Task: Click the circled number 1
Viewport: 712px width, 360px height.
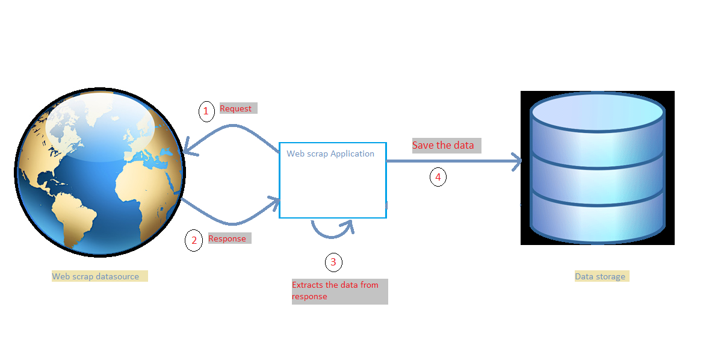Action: coord(206,111)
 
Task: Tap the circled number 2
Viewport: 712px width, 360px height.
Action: coord(194,240)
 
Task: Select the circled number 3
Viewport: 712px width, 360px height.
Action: coord(333,262)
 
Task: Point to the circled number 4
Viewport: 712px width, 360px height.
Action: coord(438,177)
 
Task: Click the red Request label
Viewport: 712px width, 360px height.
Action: coord(235,108)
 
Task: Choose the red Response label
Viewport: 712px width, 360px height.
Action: coord(227,238)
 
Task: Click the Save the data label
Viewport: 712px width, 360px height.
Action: coord(443,145)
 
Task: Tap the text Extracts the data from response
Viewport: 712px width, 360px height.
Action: coord(335,291)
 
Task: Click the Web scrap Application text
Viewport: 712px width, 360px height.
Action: coord(330,154)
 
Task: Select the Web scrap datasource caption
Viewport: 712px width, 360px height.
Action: coord(95,276)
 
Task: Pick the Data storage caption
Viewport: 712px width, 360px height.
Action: coord(600,276)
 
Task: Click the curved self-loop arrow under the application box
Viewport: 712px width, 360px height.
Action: coord(332,229)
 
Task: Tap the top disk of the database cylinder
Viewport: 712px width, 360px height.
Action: coord(598,112)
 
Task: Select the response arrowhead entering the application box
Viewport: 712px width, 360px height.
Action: coord(275,203)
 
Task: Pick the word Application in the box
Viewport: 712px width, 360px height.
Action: coord(352,154)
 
